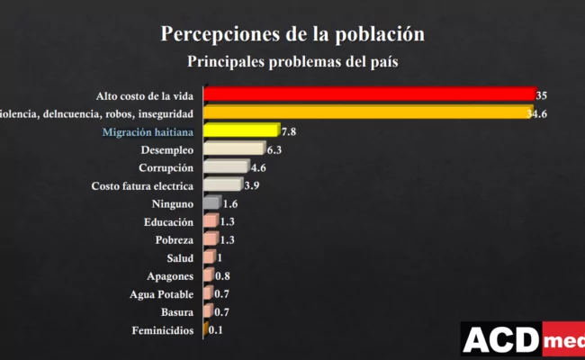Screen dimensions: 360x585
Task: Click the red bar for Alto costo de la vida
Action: [369, 94]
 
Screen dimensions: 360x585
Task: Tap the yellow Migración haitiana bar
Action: [241, 131]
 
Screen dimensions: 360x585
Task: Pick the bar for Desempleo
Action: [234, 149]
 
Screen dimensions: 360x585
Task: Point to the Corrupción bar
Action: [226, 167]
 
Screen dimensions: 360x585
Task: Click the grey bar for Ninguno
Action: [211, 203]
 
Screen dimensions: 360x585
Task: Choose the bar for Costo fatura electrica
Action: [222, 185]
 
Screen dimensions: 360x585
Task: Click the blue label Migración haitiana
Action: [148, 131]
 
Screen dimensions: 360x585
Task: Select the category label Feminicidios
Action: [161, 331]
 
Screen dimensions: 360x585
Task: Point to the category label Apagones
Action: [170, 276]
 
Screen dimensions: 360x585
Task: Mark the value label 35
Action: [542, 94]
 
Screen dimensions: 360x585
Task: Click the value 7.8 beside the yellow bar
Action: [288, 131]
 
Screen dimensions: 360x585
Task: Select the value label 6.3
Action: [275, 149]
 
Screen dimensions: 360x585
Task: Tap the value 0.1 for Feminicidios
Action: [216, 331]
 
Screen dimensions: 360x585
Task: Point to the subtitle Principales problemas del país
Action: [292, 62]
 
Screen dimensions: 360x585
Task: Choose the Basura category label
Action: [176, 312]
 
